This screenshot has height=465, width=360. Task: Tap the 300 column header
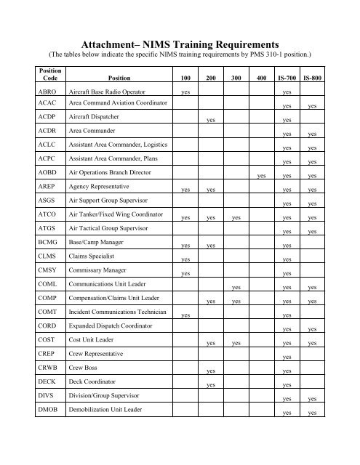click(236, 77)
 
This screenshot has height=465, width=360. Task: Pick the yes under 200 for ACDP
click(210, 121)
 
